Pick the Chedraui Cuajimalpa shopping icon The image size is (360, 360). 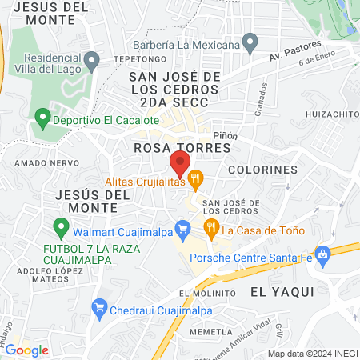pyautogui.click(x=100, y=307)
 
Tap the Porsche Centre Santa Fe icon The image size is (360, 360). pyautogui.click(x=323, y=256)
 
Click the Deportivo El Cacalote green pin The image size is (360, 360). pyautogui.click(x=42, y=121)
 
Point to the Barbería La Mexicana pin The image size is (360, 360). pyautogui.click(x=250, y=41)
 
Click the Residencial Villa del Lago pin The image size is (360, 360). pyautogui.click(x=92, y=60)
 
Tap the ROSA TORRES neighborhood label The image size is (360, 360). pyautogui.click(x=182, y=148)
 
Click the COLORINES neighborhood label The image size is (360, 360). pyautogui.click(x=262, y=170)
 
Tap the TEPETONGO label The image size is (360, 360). pyautogui.click(x=144, y=59)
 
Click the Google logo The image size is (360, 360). pyautogui.click(x=27, y=350)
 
